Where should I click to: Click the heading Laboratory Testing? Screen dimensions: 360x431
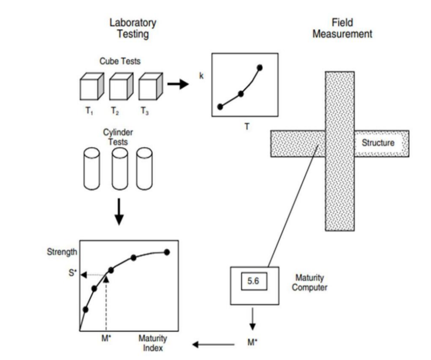pyautogui.click(x=133, y=28)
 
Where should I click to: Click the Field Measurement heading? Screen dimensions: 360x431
pyautogui.click(x=342, y=28)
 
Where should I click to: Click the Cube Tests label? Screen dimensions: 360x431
pyautogui.click(x=120, y=61)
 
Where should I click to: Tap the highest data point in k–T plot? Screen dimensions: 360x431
pyautogui.click(x=260, y=67)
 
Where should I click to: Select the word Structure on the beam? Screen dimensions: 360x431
pyautogui.click(x=378, y=143)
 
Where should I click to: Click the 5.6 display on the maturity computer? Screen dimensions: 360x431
pyautogui.click(x=253, y=281)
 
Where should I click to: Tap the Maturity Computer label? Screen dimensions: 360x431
pyautogui.click(x=309, y=283)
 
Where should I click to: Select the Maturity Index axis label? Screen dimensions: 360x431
pyautogui.click(x=153, y=343)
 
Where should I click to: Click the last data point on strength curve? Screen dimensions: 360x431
pyautogui.click(x=167, y=252)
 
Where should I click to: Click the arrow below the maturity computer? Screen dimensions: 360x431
pyautogui.click(x=253, y=320)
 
